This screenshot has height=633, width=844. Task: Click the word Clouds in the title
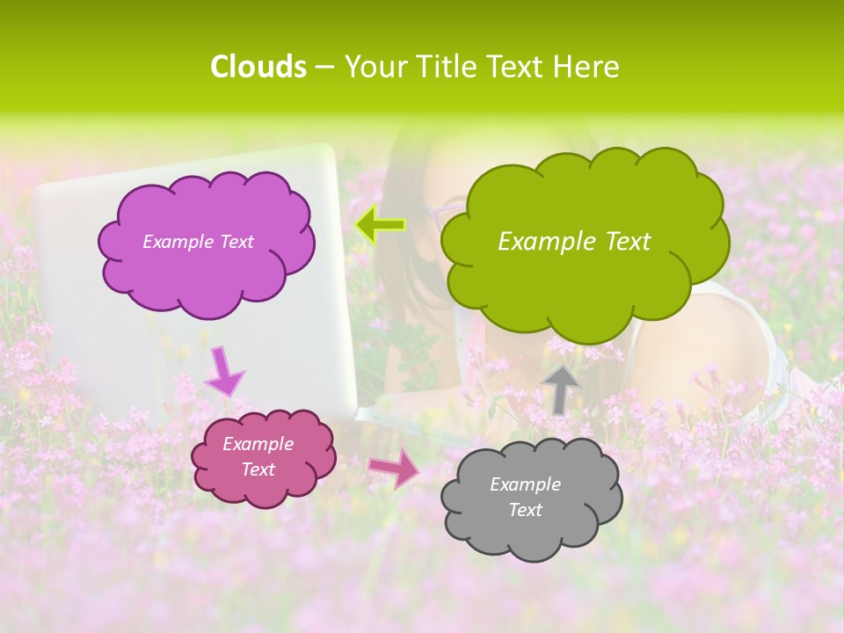pos(258,67)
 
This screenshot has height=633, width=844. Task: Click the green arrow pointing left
pos(381,225)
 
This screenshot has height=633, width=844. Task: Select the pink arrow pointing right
pos(394,468)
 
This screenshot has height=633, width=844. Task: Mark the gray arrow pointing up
pos(560,388)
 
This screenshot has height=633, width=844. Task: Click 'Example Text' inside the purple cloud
pos(198,242)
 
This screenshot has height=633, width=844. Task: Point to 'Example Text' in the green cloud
pos(574,242)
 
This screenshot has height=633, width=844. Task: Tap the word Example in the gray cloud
pos(525,484)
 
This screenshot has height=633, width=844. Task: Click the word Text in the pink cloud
pos(258,469)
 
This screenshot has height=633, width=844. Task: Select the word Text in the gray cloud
pos(526,510)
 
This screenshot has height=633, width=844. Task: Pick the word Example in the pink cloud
pos(258,445)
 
